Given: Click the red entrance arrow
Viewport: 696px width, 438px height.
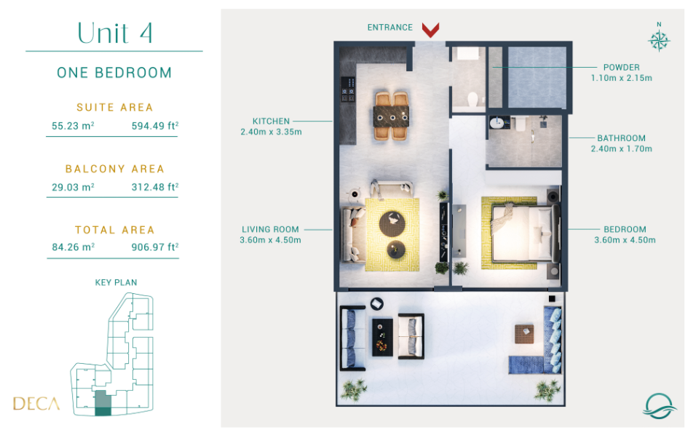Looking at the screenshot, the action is (430, 30).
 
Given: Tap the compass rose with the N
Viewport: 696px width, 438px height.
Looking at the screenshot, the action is (659, 39).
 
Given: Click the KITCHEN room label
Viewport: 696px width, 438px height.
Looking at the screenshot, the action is (271, 122).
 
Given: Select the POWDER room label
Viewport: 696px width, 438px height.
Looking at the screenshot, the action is (622, 68).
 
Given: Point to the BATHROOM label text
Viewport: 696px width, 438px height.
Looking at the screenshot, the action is (621, 138).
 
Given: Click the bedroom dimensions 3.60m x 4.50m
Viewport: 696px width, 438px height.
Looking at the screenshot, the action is (625, 240).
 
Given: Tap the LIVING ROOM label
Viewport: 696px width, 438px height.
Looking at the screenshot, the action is (270, 229).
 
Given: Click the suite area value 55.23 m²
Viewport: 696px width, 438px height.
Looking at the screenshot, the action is (73, 126).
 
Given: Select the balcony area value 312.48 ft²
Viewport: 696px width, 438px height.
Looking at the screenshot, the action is (155, 187).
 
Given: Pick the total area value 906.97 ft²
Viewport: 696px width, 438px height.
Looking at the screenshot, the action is (155, 247).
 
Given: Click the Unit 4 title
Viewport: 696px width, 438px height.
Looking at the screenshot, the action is (115, 33).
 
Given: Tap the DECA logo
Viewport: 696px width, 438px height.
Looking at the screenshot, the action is (36, 403).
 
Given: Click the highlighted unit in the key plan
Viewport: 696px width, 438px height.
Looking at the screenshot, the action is (103, 403).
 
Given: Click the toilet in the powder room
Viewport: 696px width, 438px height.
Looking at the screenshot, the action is (472, 99).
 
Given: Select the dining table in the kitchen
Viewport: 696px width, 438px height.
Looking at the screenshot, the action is (391, 116).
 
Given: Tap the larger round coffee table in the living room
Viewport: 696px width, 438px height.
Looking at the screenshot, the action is (392, 223).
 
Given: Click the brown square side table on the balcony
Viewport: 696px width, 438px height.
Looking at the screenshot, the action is (524, 334).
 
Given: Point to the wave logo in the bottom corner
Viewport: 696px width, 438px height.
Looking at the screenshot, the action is (659, 405).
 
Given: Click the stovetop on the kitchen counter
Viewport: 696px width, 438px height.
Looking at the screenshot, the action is (347, 89).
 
